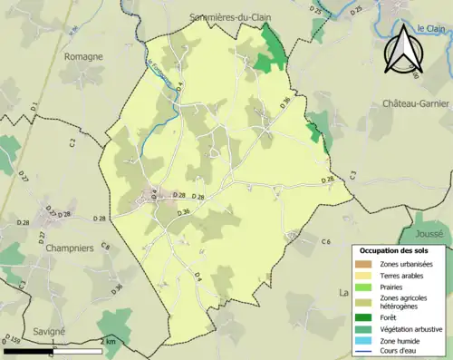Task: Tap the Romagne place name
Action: tap(83, 56)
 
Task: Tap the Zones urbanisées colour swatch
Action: tap(367, 264)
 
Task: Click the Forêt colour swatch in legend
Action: tap(367, 316)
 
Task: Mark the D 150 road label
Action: tap(14, 341)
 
